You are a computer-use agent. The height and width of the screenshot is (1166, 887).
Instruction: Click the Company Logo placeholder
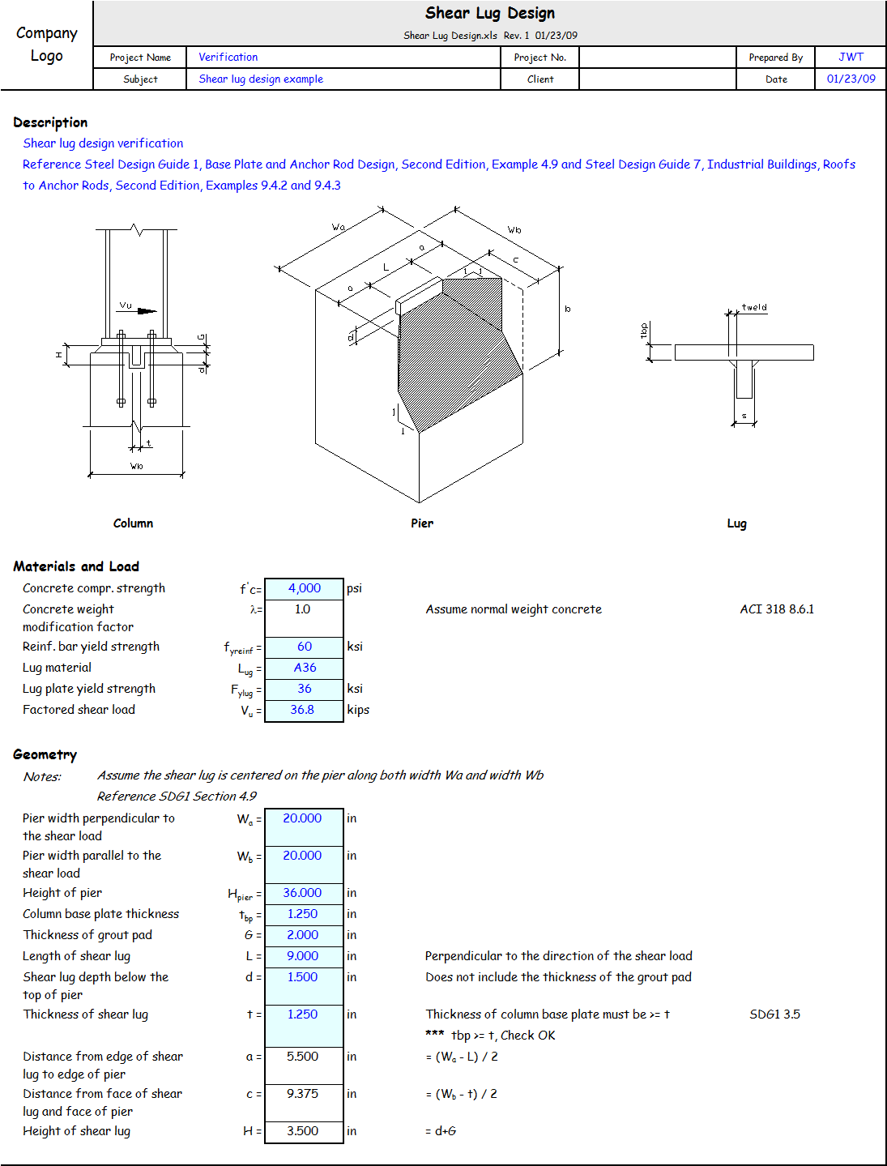coord(47,45)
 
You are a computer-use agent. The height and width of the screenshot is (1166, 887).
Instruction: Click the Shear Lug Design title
coord(490,13)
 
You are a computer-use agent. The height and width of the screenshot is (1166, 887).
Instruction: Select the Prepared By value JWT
coord(851,57)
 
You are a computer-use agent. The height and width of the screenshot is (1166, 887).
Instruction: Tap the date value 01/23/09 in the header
coord(851,79)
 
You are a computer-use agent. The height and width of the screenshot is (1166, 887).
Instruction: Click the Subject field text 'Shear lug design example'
coord(261,79)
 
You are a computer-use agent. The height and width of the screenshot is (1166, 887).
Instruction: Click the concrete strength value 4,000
coord(305,588)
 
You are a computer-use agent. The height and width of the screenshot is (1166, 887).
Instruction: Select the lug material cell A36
coord(305,668)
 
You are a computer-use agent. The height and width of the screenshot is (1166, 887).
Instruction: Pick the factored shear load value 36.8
coord(302,710)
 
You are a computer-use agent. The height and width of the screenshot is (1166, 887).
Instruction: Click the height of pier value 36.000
coord(302,893)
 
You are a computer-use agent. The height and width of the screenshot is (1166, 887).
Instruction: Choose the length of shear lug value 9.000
coord(302,956)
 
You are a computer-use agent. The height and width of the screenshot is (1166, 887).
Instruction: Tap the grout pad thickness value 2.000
coord(302,935)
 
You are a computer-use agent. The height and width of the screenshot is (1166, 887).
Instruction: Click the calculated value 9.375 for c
coord(302,1094)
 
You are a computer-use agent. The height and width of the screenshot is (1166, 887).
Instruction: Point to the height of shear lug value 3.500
coord(302,1131)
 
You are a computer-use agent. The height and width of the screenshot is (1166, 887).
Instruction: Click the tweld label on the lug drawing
coord(754,307)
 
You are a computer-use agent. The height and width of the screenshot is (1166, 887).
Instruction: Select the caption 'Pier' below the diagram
coord(421,523)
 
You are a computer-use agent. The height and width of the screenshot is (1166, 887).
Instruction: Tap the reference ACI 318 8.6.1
coord(777,609)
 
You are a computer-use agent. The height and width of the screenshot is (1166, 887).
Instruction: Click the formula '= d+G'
coord(441,1131)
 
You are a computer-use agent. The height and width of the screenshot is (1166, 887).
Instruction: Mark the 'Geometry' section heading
coord(45,754)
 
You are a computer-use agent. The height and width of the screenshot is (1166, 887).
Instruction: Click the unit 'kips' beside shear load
coord(358,710)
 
